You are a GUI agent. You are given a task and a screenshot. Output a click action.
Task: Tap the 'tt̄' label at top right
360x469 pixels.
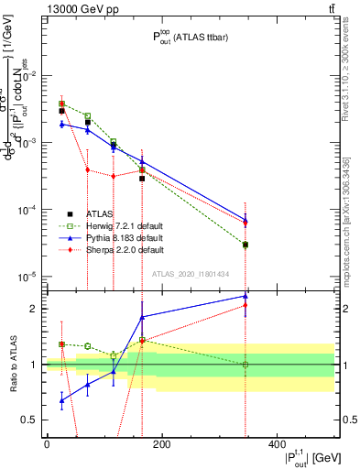coord(330,9)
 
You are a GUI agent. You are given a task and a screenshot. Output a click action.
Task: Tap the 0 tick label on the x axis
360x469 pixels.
coord(47,442)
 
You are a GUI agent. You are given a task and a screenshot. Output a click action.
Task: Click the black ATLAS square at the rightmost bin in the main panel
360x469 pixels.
coord(245,245)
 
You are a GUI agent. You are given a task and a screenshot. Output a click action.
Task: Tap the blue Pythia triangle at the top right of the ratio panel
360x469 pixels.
coord(245,296)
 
